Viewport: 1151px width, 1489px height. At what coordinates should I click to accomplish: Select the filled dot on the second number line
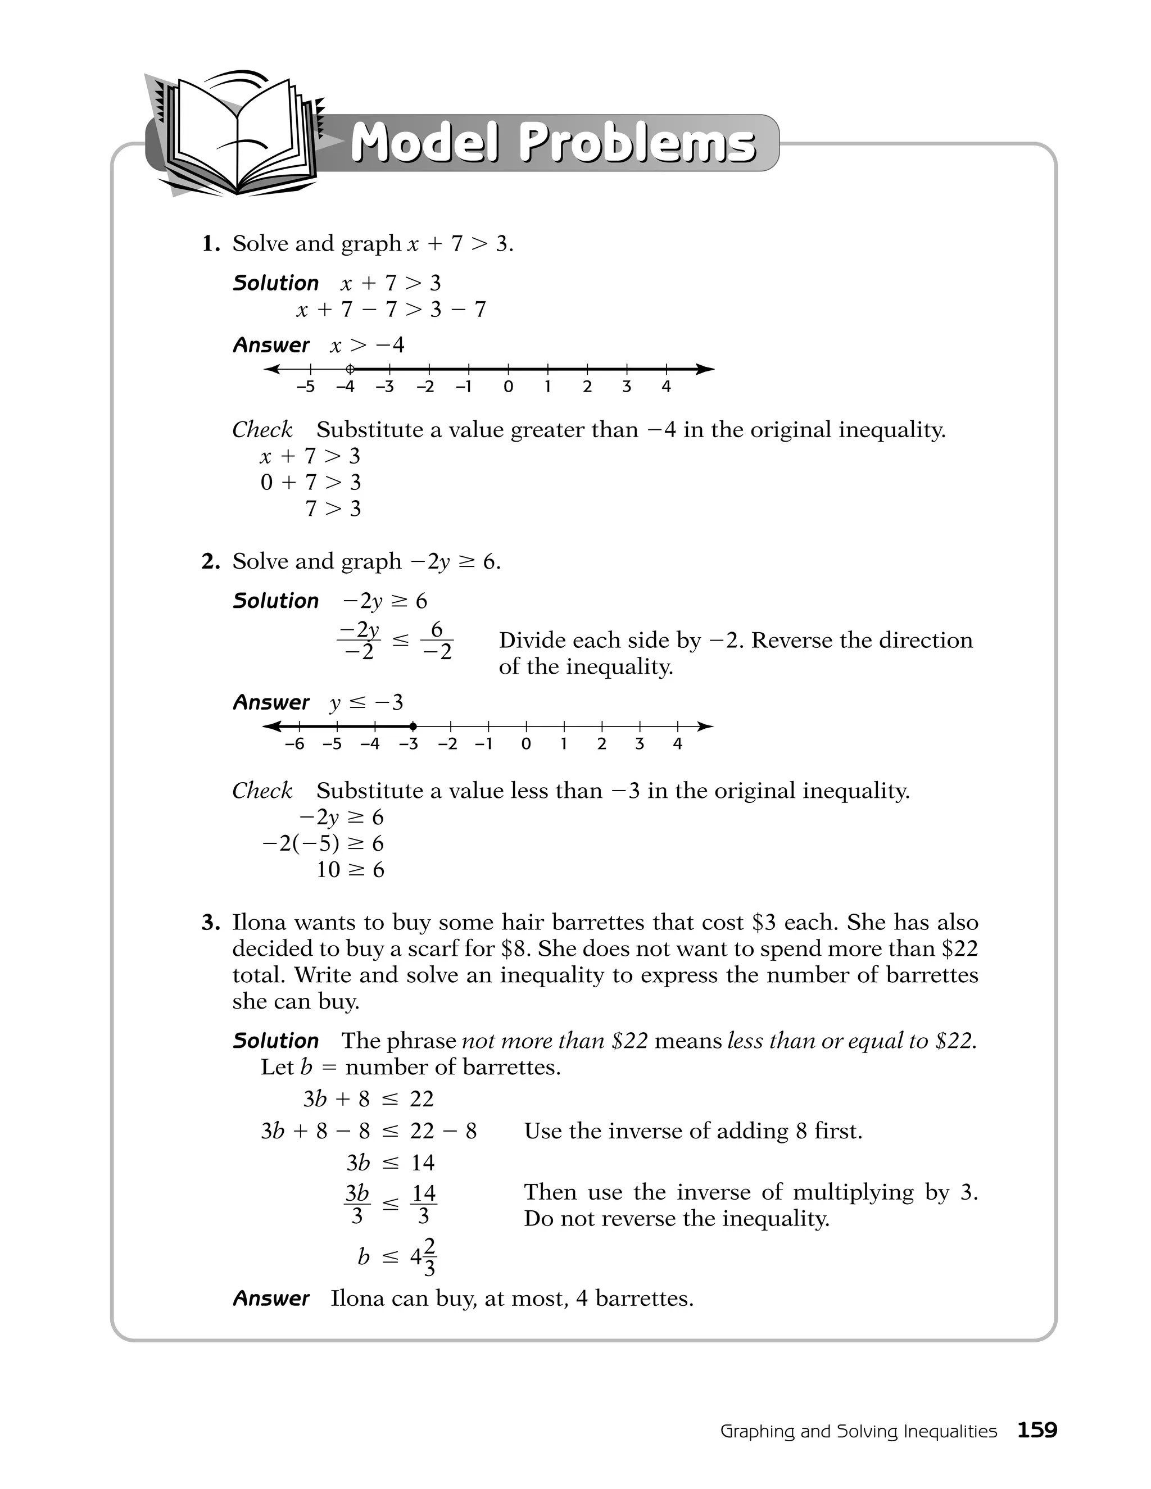413,726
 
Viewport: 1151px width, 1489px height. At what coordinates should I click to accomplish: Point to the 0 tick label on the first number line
508,387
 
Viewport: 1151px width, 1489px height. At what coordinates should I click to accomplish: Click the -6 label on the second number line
294,744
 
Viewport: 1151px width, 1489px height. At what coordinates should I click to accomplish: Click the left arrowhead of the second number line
271,726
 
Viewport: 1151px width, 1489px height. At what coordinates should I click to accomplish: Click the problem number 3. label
211,923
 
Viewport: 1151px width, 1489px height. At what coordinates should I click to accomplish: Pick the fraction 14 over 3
423,1204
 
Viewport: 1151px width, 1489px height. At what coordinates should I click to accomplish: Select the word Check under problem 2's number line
262,791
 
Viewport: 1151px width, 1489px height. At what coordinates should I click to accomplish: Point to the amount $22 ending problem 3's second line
959,949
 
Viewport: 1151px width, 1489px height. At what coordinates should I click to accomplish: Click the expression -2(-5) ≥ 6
323,843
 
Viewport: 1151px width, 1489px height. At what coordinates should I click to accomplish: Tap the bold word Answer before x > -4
271,345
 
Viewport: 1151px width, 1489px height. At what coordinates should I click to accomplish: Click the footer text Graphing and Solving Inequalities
858,1431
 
